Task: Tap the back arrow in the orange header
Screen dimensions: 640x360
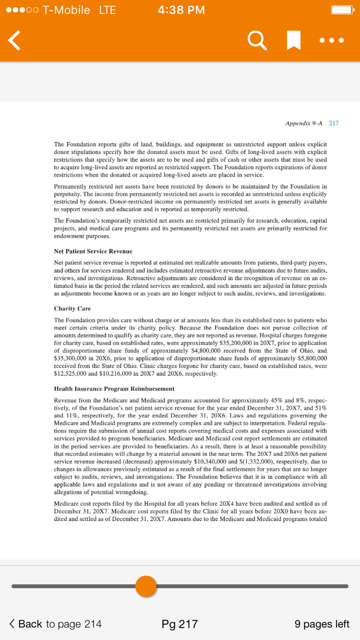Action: click(15, 40)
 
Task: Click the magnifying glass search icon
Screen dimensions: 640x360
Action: click(257, 40)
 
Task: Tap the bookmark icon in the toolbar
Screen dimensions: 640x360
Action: click(293, 40)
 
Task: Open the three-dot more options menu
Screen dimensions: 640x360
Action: click(332, 40)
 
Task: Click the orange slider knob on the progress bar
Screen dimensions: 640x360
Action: click(146, 586)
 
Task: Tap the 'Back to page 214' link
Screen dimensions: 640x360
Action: click(56, 624)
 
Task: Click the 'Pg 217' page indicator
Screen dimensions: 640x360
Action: click(180, 624)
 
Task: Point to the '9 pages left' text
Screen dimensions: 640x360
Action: click(322, 624)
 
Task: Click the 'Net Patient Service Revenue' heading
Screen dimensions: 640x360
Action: click(93, 251)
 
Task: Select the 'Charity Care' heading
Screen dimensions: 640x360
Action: click(72, 308)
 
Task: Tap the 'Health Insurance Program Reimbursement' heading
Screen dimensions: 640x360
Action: click(114, 388)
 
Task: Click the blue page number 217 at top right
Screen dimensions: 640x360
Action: click(334, 123)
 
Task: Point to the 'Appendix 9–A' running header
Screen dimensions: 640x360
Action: click(304, 123)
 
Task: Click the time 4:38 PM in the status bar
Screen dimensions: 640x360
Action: click(181, 10)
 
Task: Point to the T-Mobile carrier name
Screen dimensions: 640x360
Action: click(66, 10)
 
